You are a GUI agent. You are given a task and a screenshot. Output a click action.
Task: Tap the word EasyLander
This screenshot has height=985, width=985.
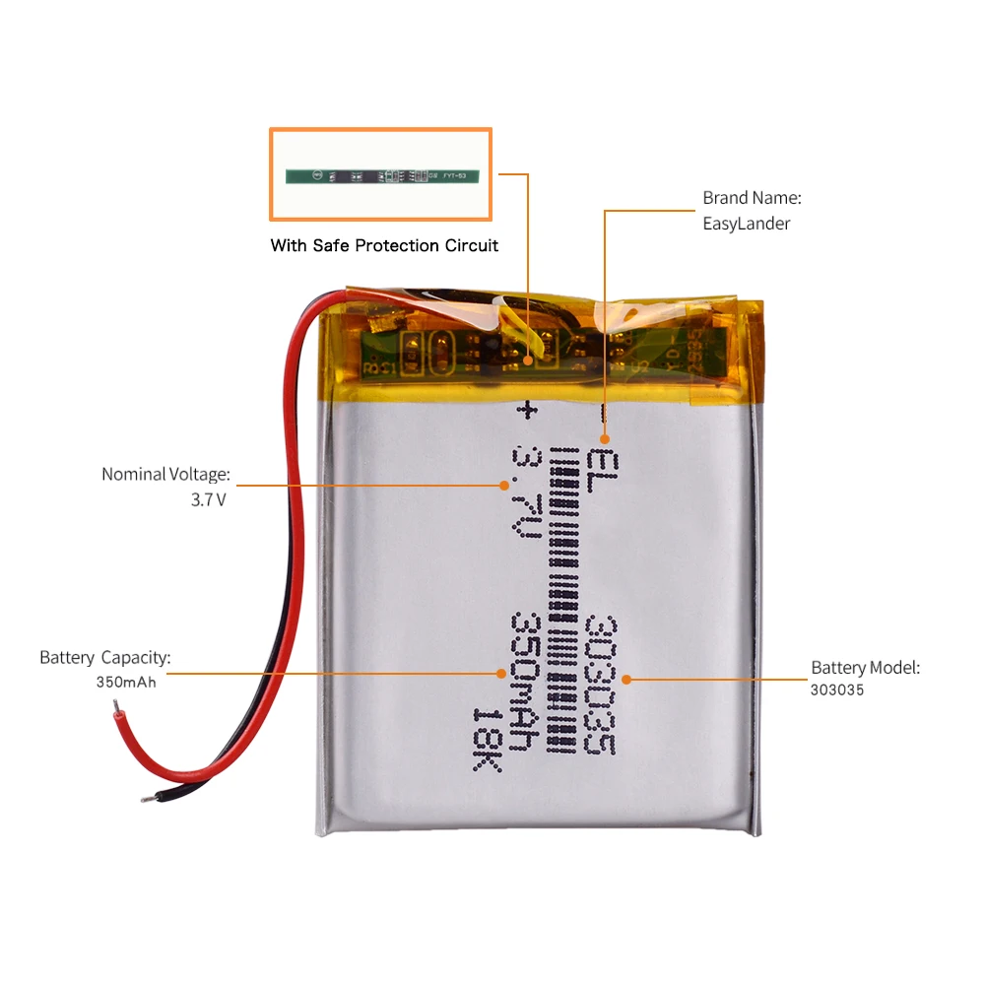[746, 224]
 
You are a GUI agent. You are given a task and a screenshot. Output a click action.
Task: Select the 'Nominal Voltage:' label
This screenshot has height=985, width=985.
[165, 474]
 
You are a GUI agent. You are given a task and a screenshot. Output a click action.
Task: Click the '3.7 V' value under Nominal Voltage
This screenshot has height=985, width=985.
[208, 499]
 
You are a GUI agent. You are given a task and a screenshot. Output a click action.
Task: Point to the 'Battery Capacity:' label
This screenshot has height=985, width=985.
[105, 657]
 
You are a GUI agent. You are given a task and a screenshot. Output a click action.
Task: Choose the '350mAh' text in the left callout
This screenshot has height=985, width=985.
[126, 682]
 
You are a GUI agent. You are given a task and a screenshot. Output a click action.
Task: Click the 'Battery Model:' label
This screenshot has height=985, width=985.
[865, 668]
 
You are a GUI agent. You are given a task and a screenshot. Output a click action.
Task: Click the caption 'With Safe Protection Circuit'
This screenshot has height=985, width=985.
[384, 245]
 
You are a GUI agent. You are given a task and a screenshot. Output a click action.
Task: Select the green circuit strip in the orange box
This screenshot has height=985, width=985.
[381, 176]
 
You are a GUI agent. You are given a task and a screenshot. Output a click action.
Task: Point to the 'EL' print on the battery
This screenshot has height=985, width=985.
[600, 462]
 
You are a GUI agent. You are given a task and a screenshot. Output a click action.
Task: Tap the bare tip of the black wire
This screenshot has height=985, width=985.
[147, 798]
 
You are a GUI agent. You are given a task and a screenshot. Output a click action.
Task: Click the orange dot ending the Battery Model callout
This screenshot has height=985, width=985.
[627, 679]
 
